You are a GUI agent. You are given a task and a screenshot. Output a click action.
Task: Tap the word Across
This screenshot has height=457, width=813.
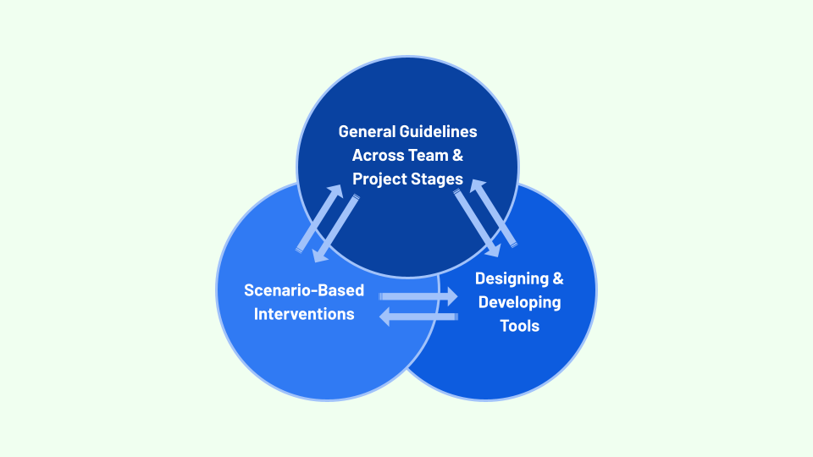click(379, 156)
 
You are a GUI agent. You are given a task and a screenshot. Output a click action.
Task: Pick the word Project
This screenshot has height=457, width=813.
click(383, 179)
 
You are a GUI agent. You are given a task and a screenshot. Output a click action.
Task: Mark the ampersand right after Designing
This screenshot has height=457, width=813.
click(556, 278)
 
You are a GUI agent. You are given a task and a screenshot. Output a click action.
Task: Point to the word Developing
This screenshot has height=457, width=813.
click(519, 302)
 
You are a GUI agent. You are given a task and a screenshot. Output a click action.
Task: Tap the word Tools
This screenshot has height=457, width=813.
click(519, 326)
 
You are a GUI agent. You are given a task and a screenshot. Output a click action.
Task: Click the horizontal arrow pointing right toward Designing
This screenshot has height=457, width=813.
click(418, 296)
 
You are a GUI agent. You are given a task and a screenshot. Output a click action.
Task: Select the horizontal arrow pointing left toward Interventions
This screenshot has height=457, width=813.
click(418, 317)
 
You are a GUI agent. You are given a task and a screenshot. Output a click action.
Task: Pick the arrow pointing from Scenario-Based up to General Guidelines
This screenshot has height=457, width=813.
click(320, 218)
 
